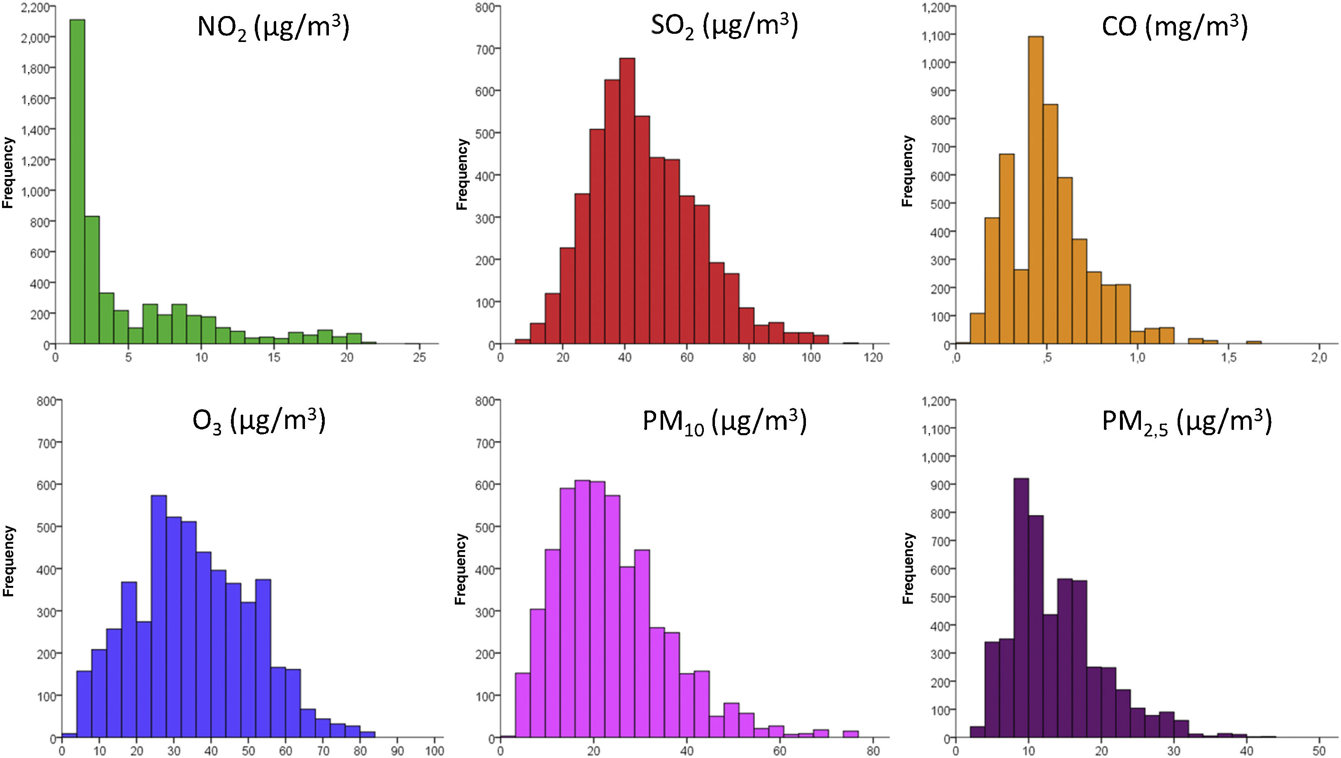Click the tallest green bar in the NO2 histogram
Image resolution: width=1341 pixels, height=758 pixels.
click(x=77, y=182)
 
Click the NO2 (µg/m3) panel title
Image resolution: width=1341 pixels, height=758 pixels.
click(x=273, y=28)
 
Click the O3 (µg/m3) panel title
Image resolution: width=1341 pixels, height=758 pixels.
click(x=259, y=421)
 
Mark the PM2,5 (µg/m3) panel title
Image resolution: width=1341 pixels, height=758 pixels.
click(x=1187, y=421)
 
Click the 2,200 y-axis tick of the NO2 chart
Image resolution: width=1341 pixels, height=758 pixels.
click(x=35, y=7)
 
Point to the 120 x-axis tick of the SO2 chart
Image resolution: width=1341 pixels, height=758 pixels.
click(x=873, y=358)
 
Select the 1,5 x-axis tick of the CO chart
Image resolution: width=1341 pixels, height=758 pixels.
click(x=1229, y=358)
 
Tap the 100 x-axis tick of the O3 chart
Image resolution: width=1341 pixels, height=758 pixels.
click(x=434, y=751)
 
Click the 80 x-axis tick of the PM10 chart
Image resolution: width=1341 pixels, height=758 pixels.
click(x=873, y=751)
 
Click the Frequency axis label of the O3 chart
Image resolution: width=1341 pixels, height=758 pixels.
click(x=8, y=561)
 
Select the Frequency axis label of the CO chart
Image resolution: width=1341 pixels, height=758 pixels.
click(x=907, y=171)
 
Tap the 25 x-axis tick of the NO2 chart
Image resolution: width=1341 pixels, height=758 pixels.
click(x=419, y=358)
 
